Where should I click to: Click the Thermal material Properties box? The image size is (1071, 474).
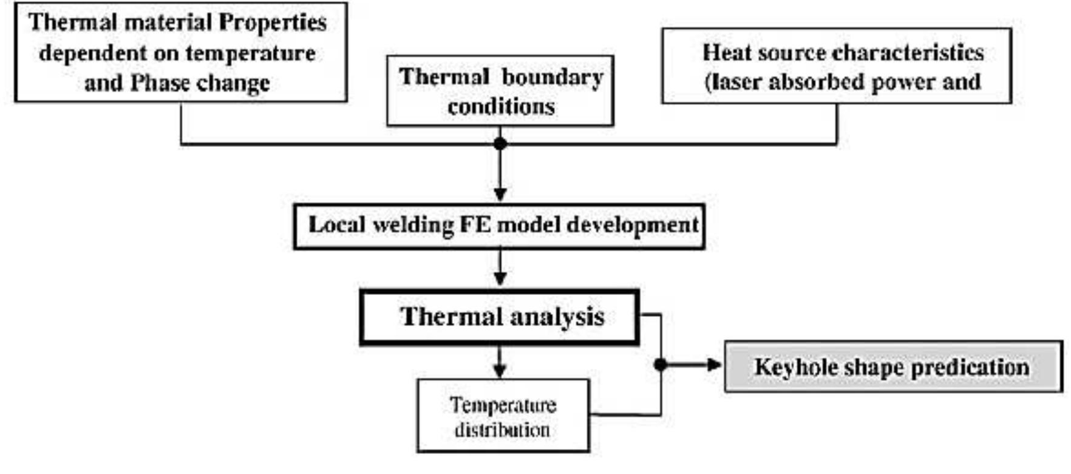pyautogui.click(x=180, y=52)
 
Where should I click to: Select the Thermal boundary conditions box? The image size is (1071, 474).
pyautogui.click(x=500, y=91)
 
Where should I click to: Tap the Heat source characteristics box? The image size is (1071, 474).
pyautogui.click(x=836, y=66)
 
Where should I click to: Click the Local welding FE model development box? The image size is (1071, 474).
pyautogui.click(x=499, y=226)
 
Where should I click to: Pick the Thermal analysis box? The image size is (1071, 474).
pyautogui.click(x=499, y=317)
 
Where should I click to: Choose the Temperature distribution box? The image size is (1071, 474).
pyautogui.click(x=503, y=416)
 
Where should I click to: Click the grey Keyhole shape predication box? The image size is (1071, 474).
pyautogui.click(x=893, y=367)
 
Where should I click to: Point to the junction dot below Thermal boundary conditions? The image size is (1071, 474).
pyautogui.click(x=500, y=144)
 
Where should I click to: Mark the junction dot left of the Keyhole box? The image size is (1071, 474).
pyautogui.click(x=661, y=365)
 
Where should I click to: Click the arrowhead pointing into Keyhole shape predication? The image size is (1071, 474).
pyautogui.click(x=715, y=365)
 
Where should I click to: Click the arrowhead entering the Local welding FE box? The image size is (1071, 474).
pyautogui.click(x=500, y=195)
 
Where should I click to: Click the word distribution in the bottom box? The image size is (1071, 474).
pyautogui.click(x=503, y=430)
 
